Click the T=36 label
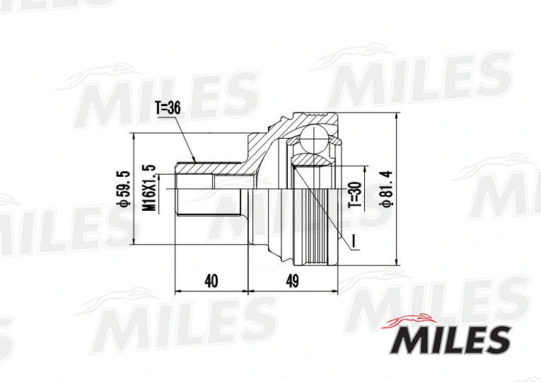[168, 108]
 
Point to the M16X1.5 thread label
[149, 187]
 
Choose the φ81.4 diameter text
[385, 188]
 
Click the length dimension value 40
[211, 281]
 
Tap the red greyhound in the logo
[412, 320]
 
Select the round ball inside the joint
[313, 138]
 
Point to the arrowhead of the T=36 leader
[194, 160]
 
